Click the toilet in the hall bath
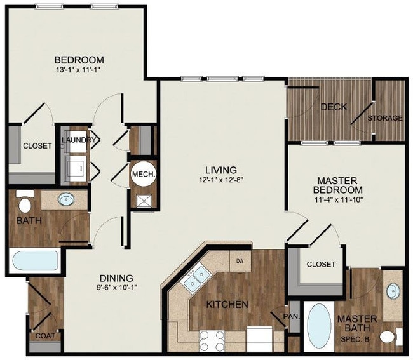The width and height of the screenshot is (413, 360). [25, 201]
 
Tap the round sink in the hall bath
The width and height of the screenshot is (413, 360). [66, 199]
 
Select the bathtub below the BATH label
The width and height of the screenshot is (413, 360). [36, 260]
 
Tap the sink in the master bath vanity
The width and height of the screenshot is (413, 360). [393, 291]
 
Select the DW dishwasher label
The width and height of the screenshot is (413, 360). [240, 261]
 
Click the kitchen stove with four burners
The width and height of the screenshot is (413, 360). [212, 341]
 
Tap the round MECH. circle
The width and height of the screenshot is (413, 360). [144, 174]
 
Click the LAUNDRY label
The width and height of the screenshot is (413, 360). [79, 140]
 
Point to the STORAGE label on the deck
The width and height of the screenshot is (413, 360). [385, 118]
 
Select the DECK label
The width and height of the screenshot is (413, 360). [334, 107]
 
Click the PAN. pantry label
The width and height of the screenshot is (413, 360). [292, 316]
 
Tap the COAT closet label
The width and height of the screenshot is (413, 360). [45, 336]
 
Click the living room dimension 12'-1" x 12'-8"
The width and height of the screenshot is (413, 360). [221, 180]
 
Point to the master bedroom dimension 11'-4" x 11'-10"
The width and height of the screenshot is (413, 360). [339, 200]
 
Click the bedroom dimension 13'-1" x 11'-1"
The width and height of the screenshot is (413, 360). [79, 70]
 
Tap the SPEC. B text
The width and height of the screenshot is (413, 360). [355, 339]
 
